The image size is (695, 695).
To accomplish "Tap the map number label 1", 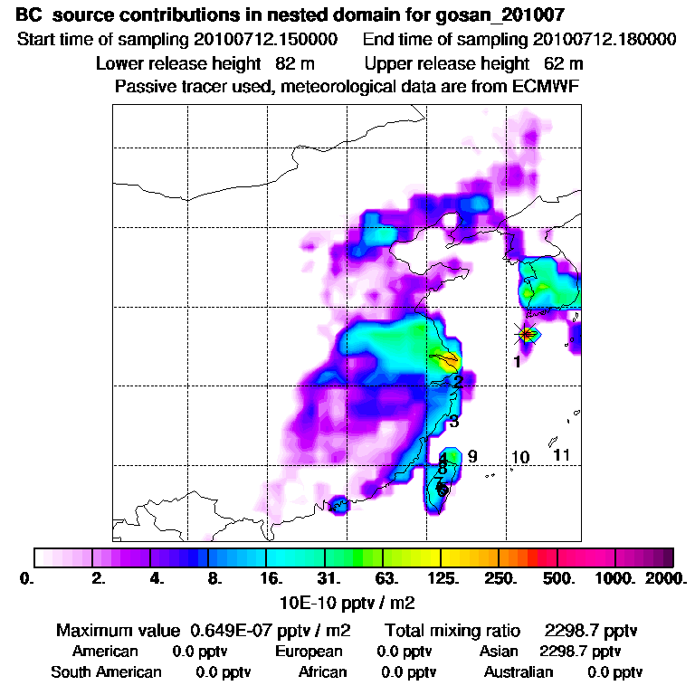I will [x=516, y=362].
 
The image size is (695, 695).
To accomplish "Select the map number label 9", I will [x=472, y=455].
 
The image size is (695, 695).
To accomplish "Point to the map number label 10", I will [x=519, y=457].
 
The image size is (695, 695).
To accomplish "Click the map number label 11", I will [x=561, y=454].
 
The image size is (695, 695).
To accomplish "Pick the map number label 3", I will [x=454, y=422].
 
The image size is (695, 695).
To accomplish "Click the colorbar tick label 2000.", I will [x=659, y=576].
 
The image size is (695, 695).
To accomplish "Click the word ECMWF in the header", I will [x=547, y=87].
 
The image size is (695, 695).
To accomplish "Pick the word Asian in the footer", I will [x=499, y=651].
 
